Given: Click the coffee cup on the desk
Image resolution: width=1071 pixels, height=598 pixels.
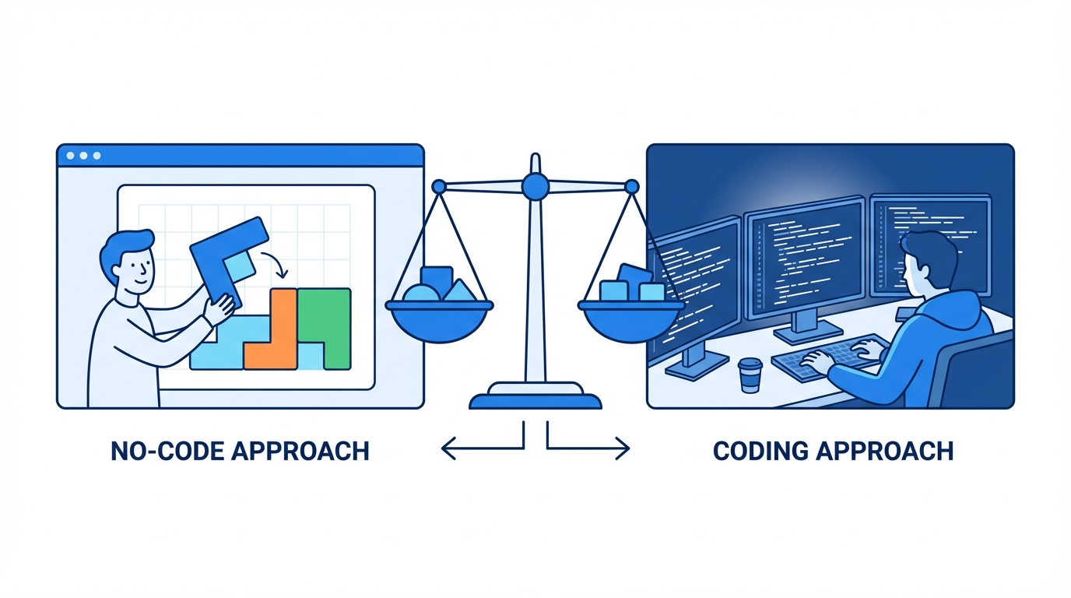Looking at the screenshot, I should tap(750, 375).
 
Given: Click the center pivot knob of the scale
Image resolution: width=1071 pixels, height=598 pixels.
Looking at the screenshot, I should tap(535, 185).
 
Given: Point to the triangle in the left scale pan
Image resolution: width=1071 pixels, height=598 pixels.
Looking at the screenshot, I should tap(458, 291).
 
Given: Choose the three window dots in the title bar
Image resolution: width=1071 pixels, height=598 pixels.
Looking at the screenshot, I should tap(83, 156).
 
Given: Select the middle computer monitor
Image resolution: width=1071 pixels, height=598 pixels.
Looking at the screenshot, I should tap(803, 256).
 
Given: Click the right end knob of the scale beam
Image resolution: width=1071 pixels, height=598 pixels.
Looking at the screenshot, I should tap(631, 187).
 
